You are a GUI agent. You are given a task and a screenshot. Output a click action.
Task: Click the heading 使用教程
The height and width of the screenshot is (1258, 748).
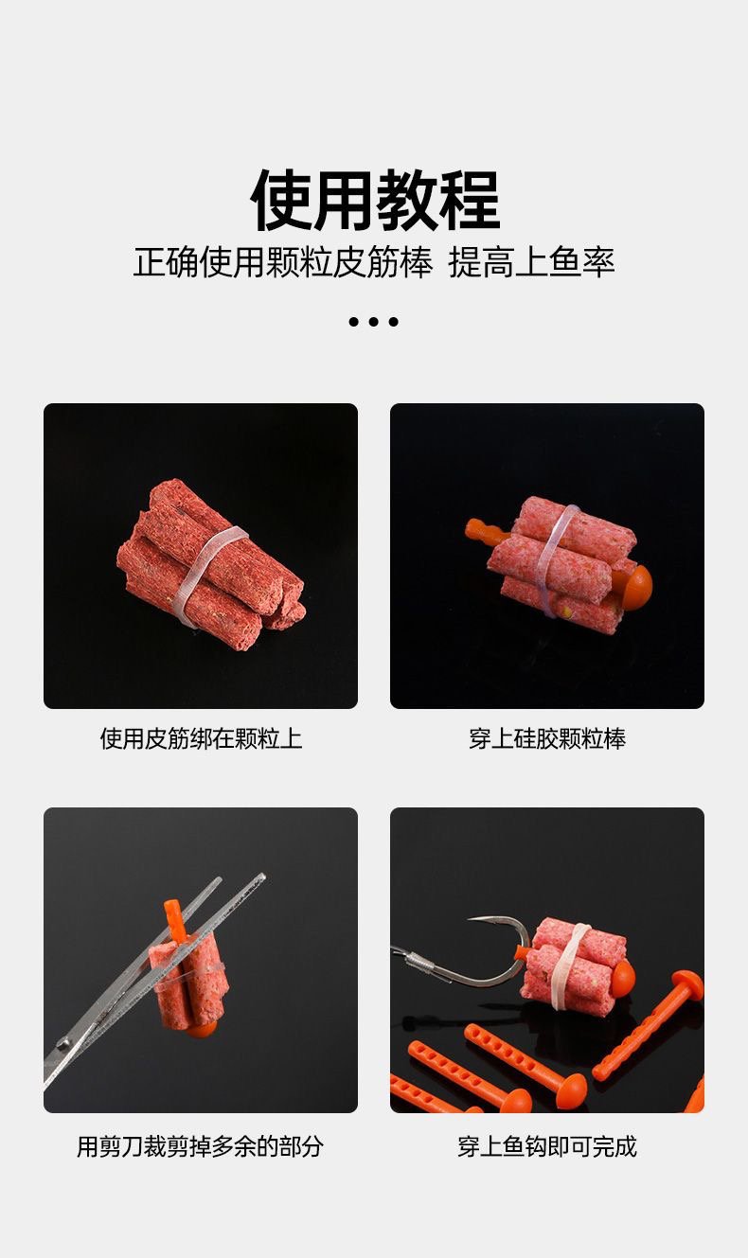(375, 201)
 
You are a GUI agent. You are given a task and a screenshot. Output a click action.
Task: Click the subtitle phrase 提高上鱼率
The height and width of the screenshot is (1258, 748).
(531, 261)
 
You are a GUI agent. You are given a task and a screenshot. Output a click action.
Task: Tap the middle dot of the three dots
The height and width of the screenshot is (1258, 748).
(374, 322)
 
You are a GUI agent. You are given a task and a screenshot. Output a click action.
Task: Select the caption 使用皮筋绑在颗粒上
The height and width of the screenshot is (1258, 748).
(201, 738)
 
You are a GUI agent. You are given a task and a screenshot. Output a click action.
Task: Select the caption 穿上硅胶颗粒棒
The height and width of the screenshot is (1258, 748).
(547, 738)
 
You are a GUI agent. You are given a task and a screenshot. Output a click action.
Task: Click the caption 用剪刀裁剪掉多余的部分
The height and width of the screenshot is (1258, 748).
(201, 1147)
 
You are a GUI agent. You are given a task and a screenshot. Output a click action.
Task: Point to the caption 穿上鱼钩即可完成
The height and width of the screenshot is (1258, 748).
(547, 1147)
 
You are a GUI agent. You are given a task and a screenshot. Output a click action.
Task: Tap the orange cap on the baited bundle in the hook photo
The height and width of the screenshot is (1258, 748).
(622, 977)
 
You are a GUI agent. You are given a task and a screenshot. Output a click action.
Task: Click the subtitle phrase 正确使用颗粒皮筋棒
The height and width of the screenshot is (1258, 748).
(283, 261)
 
